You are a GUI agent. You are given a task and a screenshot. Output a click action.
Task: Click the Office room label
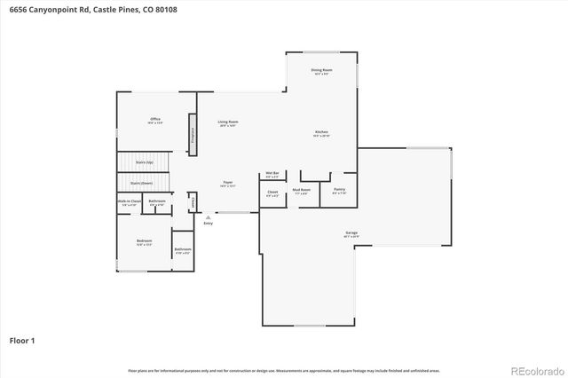(154, 119)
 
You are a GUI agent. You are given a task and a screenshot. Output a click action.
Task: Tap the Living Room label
(228, 122)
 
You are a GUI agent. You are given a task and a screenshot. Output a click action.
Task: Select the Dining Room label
(321, 70)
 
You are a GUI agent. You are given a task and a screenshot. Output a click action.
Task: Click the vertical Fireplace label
(193, 135)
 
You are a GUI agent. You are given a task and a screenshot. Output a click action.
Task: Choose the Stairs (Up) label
(144, 163)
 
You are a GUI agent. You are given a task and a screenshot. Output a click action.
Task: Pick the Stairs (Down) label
(141, 183)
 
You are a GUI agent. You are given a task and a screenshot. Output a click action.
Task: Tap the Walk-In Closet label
(130, 201)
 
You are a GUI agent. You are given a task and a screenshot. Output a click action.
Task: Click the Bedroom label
(144, 240)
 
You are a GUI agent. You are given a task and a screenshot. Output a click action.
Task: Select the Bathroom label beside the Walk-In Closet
(157, 201)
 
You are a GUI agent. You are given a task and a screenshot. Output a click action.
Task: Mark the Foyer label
(228, 184)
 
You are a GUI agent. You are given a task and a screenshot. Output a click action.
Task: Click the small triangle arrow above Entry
(209, 217)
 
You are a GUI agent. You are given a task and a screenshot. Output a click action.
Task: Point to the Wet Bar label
(272, 173)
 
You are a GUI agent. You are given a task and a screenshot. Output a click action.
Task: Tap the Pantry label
(339, 190)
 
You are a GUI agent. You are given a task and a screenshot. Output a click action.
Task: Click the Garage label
(352, 233)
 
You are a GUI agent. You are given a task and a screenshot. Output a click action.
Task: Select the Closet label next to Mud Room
(272, 192)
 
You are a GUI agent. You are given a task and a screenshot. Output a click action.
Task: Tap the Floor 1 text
(22, 340)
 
